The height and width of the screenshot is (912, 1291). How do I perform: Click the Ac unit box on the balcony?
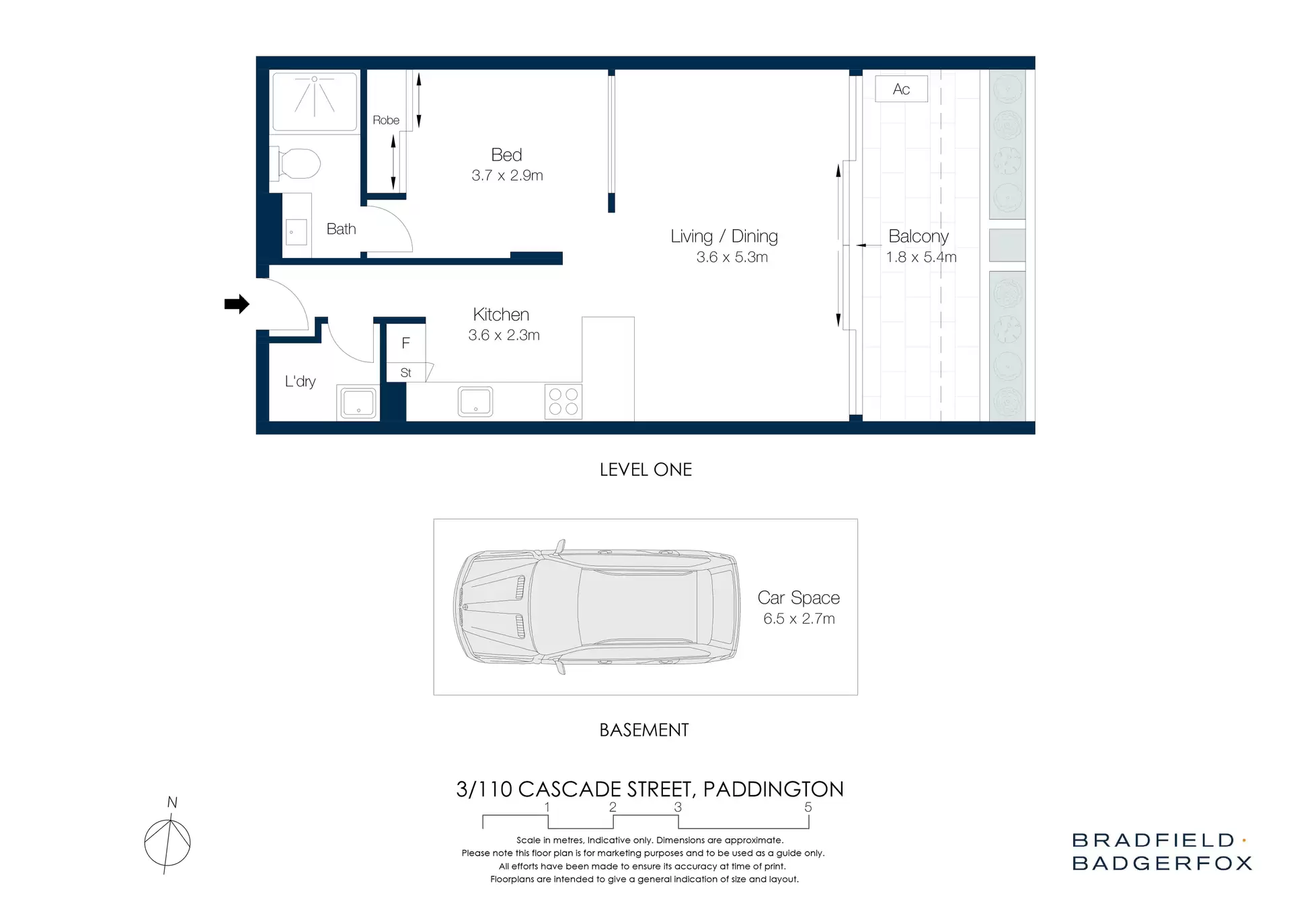click(x=901, y=89)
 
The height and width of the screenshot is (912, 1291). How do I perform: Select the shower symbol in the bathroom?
click(x=314, y=100)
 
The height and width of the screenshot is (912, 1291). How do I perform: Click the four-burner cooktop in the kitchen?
click(x=563, y=402)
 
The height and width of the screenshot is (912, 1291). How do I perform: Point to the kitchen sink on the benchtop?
click(x=475, y=401)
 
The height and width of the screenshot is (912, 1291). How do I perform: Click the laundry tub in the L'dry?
click(x=358, y=403)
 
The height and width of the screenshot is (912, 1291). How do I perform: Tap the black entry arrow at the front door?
click(x=236, y=304)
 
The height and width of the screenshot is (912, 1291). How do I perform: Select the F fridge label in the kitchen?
click(x=405, y=343)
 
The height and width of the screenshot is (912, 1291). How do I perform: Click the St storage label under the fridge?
click(x=405, y=372)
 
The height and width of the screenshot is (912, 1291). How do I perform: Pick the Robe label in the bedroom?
click(x=386, y=120)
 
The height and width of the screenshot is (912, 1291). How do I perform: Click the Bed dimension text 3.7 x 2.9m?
click(x=507, y=175)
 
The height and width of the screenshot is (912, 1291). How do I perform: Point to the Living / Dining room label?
click(x=724, y=236)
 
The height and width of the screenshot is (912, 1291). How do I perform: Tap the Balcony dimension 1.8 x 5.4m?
click(x=921, y=257)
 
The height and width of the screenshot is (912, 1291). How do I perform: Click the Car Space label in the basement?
click(x=798, y=597)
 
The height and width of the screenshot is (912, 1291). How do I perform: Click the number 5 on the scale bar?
click(x=808, y=807)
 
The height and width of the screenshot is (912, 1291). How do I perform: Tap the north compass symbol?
click(x=167, y=842)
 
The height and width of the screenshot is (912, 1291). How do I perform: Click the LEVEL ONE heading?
click(x=645, y=469)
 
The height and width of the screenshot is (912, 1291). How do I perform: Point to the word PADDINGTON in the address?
click(x=773, y=789)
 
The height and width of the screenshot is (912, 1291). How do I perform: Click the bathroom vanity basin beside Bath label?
click(x=296, y=232)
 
